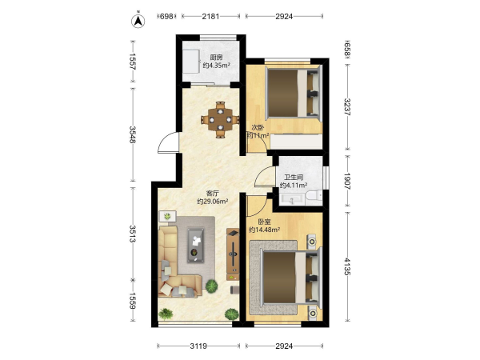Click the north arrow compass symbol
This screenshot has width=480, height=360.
point(138,20)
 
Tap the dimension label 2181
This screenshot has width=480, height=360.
point(210,16)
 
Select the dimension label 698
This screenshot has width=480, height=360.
point(166,16)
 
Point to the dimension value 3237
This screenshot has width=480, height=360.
point(347,107)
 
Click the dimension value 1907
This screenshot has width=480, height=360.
point(347,182)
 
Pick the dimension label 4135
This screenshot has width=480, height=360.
point(347,266)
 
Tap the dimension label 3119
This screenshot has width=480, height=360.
point(198,346)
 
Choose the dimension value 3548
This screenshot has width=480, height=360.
point(132,134)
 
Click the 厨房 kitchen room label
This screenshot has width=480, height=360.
point(216,58)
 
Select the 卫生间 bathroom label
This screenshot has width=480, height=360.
point(294,178)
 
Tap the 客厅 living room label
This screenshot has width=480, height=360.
point(213,194)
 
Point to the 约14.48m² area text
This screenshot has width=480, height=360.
point(265,230)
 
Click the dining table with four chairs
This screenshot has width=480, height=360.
point(221,120)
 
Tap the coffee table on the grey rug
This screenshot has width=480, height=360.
point(196,245)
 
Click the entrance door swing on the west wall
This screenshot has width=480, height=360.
point(168,142)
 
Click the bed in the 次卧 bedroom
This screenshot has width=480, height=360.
point(294,93)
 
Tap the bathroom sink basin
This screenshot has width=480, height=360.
point(292,199)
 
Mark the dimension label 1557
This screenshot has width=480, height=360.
point(132,62)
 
